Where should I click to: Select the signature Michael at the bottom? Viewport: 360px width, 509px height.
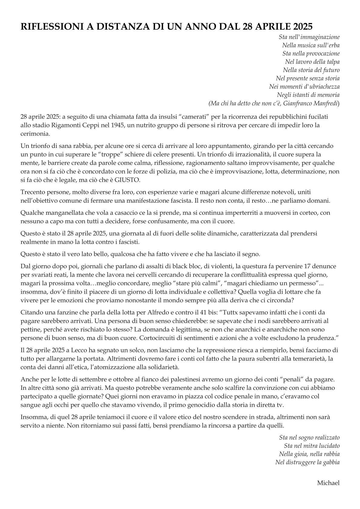(x=328, y=483)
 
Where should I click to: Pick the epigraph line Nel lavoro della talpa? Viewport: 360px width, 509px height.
(x=312, y=62)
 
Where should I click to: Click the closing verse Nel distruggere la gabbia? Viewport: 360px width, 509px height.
(x=307, y=462)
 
